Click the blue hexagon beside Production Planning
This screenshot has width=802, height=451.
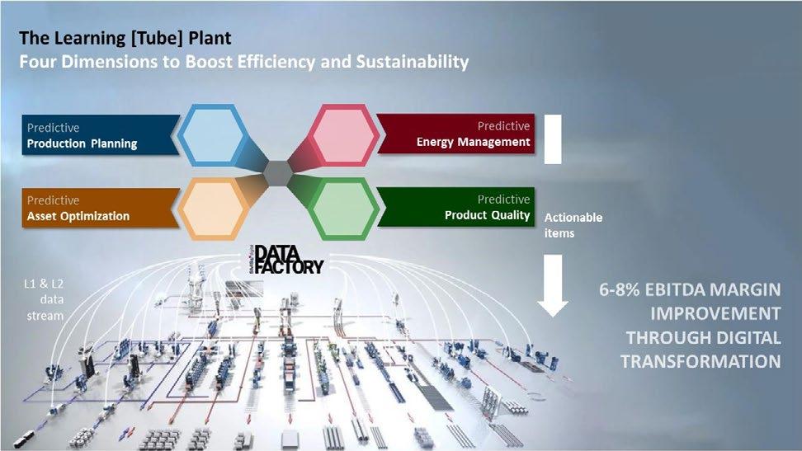click(213, 135)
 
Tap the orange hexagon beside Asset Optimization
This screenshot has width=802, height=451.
click(213, 209)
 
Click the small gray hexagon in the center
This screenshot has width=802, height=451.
click(278, 173)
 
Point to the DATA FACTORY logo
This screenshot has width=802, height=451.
click(287, 259)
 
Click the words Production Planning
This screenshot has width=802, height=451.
click(82, 143)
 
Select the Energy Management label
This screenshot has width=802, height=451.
click(473, 142)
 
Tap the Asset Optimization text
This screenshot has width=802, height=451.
click(78, 216)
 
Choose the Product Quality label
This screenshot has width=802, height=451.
click(487, 215)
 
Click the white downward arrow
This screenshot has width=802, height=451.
click(553, 285)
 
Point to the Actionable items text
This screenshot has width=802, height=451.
click(573, 226)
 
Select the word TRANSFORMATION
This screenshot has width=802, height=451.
click(701, 361)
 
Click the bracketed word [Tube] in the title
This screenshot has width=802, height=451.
click(157, 39)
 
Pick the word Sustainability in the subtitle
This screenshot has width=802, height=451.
click(413, 62)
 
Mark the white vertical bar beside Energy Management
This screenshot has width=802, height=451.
click(553, 139)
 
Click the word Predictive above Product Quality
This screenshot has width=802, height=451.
click(504, 200)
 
